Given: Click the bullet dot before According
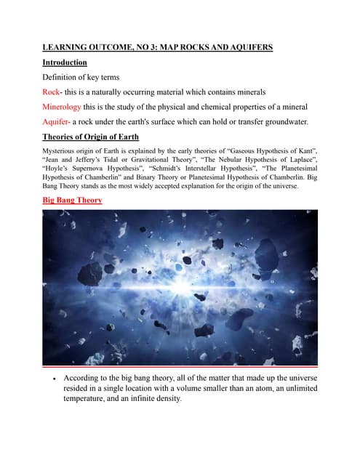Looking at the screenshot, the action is [55, 379].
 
